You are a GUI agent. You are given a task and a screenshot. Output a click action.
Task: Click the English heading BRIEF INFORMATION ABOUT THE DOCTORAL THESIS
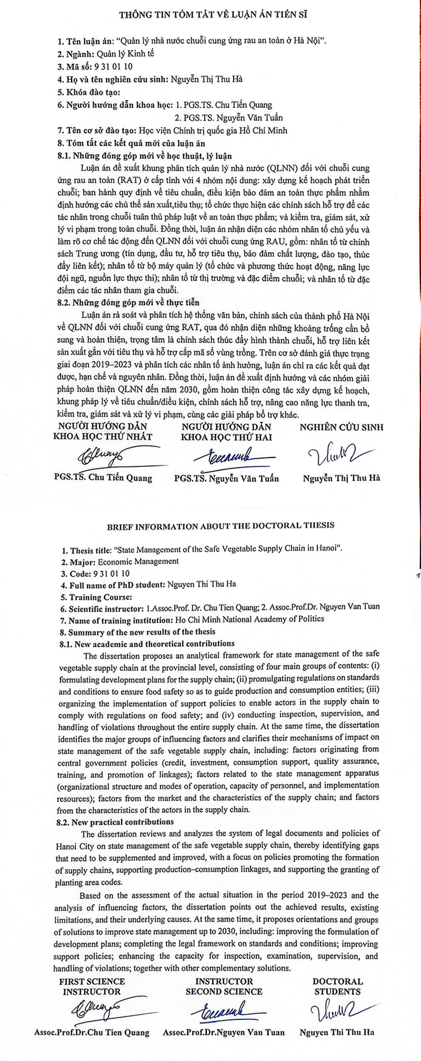click(x=221, y=525)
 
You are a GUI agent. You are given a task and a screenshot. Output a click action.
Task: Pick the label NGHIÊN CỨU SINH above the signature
click(x=341, y=427)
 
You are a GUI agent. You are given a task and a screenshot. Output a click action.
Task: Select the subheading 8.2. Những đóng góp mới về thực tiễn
click(x=129, y=303)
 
